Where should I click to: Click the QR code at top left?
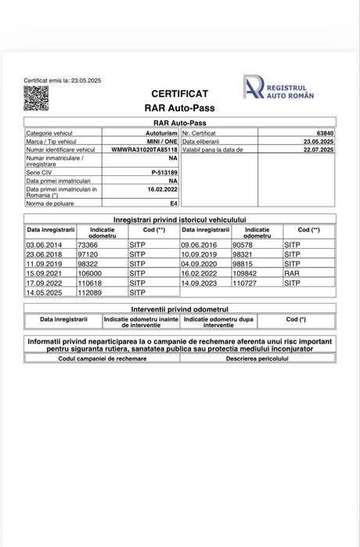click(x=36, y=98)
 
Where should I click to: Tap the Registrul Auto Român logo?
click(x=279, y=88)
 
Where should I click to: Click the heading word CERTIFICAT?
click(x=179, y=93)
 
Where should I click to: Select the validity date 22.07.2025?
click(x=318, y=149)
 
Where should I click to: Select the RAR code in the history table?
click(x=290, y=273)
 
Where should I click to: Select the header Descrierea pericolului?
click(x=257, y=358)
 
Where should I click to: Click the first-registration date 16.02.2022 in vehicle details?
click(x=162, y=189)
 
